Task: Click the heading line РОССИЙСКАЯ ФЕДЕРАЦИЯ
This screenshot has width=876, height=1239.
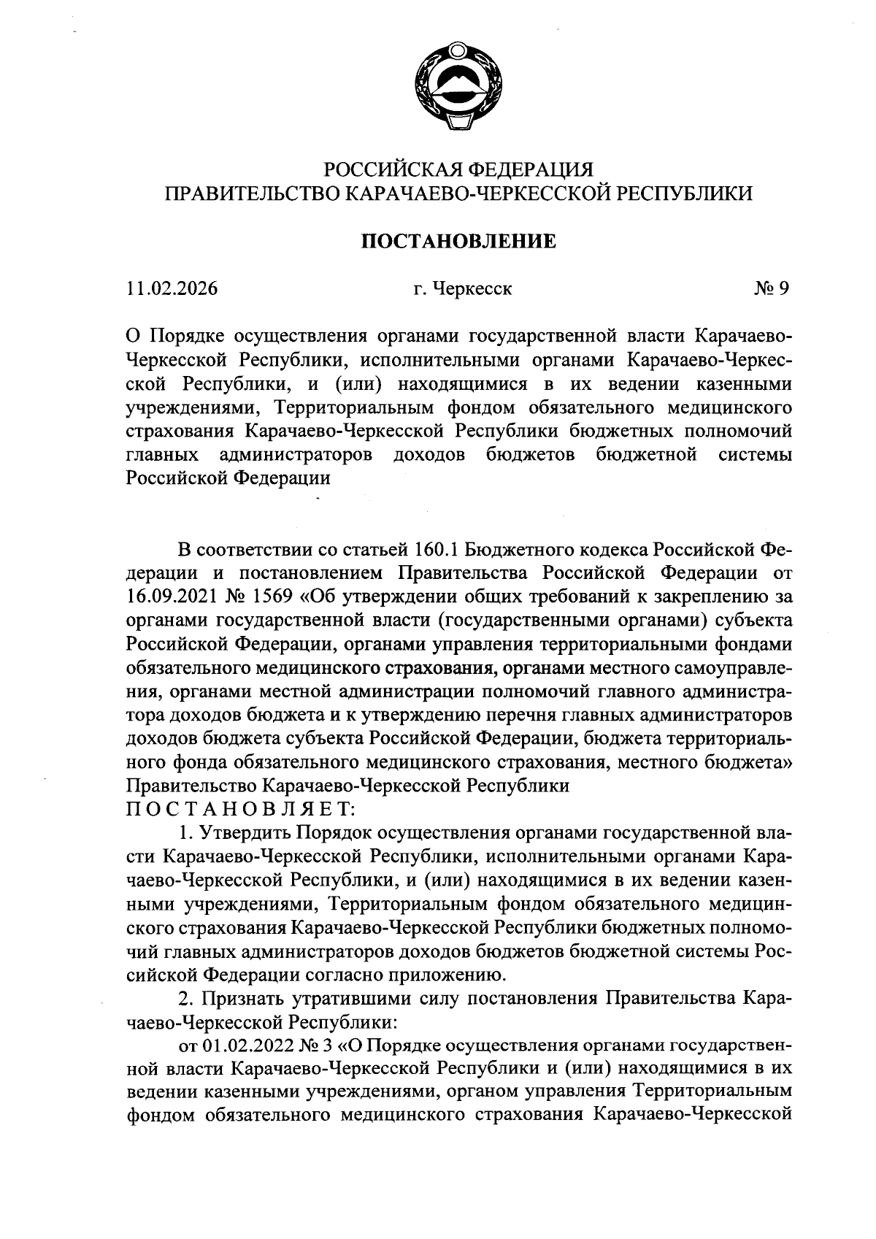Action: click(x=458, y=169)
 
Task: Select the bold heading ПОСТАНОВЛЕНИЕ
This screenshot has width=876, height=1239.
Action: click(x=458, y=241)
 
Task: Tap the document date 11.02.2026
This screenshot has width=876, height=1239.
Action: click(x=172, y=289)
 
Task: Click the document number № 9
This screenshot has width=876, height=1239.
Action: click(x=772, y=289)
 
